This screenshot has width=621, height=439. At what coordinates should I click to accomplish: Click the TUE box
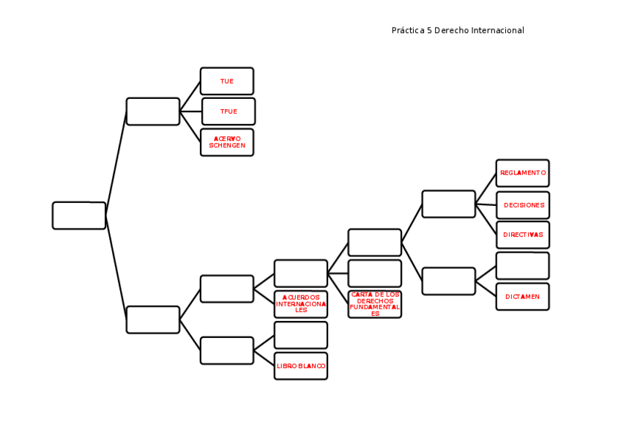tap(227, 81)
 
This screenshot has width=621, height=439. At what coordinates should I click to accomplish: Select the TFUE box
tap(228, 111)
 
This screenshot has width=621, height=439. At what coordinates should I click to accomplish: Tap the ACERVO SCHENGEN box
tap(227, 142)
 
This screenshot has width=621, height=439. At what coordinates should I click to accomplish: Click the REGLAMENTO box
tap(522, 173)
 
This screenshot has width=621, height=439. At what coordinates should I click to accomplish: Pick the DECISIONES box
tap(523, 205)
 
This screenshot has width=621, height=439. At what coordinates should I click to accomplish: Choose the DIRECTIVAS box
tap(523, 235)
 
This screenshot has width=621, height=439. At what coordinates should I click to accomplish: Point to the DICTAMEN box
tap(522, 297)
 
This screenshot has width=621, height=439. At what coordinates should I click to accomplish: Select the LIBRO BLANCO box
tap(301, 366)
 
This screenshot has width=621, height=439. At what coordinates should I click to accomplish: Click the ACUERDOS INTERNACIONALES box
tap(301, 304)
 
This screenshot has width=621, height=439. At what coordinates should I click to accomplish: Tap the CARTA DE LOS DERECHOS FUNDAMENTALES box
tap(375, 304)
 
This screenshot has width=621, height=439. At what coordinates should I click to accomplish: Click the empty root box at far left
tap(79, 215)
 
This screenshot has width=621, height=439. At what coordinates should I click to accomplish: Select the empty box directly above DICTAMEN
tap(522, 266)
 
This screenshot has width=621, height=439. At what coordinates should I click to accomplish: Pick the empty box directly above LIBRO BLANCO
tap(301, 335)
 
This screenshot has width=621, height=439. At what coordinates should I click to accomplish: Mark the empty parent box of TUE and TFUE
tap(153, 111)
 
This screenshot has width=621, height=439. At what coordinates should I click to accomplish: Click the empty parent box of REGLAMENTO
tap(449, 204)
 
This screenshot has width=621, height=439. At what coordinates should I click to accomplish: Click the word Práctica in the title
tap(408, 31)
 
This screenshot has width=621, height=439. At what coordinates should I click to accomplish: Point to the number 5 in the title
tap(429, 31)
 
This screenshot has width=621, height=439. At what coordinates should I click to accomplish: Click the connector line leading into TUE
tap(190, 96)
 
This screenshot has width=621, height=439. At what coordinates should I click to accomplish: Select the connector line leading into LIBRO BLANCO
tap(264, 358)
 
